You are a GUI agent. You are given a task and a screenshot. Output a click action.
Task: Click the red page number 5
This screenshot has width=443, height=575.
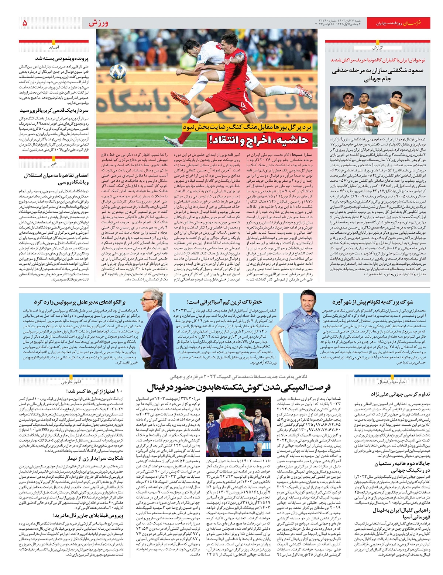tap(25, 23)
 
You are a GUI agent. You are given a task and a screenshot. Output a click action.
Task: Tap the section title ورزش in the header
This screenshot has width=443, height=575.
tap(98, 23)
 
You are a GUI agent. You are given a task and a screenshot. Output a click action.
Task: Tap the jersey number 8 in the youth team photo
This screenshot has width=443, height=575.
tap(392, 119)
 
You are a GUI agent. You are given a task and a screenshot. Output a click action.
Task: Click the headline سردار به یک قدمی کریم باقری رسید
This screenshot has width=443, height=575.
tap(55, 110)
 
